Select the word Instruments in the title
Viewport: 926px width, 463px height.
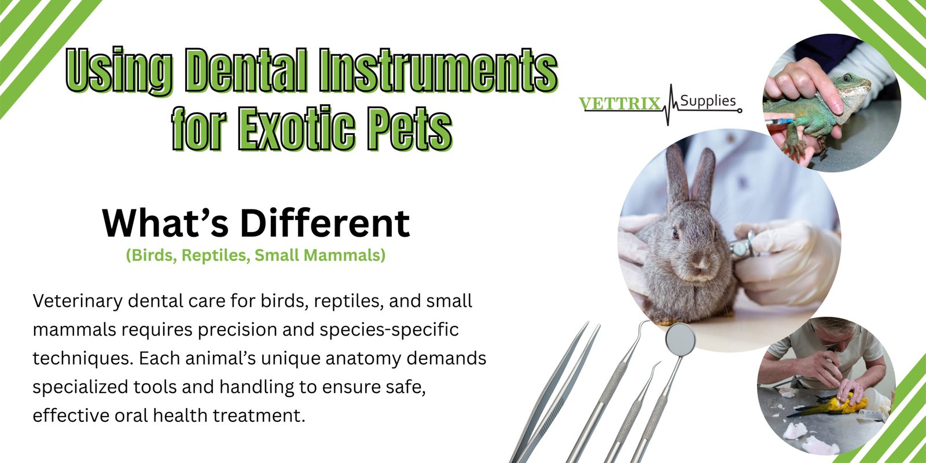(x=438, y=70)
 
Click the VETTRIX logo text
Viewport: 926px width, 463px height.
(x=619, y=104)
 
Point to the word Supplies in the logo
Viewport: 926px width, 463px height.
(x=708, y=101)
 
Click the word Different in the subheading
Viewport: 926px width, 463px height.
(x=325, y=223)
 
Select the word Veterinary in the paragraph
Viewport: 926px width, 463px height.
(x=78, y=302)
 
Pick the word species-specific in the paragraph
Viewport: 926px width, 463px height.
(x=389, y=330)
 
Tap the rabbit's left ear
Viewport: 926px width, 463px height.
(x=677, y=175)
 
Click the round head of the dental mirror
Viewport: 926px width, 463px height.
(x=681, y=338)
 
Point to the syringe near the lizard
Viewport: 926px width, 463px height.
(x=779, y=122)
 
